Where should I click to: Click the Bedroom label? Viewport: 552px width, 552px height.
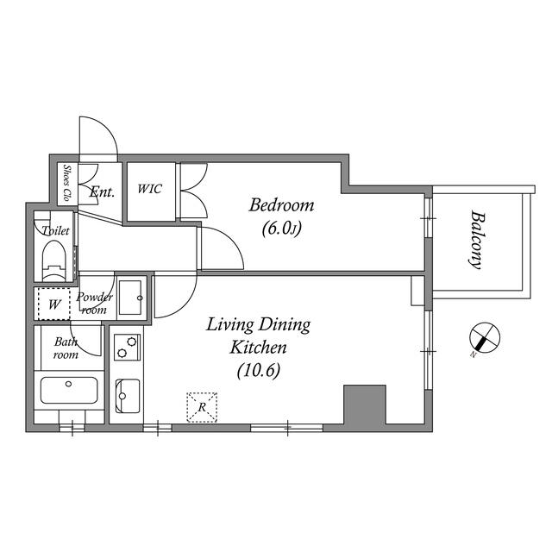pyautogui.click(x=281, y=205)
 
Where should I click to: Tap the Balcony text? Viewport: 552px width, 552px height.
pyautogui.click(x=475, y=241)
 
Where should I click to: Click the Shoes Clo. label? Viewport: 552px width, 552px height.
pyautogui.click(x=66, y=182)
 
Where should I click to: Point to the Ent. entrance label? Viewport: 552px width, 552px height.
pyautogui.click(x=101, y=192)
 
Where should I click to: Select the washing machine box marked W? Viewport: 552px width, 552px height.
pyautogui.click(x=53, y=304)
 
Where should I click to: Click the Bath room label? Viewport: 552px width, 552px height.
pyautogui.click(x=66, y=348)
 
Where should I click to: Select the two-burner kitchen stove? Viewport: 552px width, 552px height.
pyautogui.click(x=127, y=347)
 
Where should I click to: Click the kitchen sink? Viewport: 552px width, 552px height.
pyautogui.click(x=127, y=395)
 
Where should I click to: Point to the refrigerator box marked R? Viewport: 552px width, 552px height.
pyautogui.click(x=202, y=407)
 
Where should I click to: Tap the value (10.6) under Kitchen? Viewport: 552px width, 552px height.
pyautogui.click(x=258, y=371)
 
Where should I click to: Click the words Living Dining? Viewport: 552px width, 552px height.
pyautogui.click(x=258, y=325)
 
